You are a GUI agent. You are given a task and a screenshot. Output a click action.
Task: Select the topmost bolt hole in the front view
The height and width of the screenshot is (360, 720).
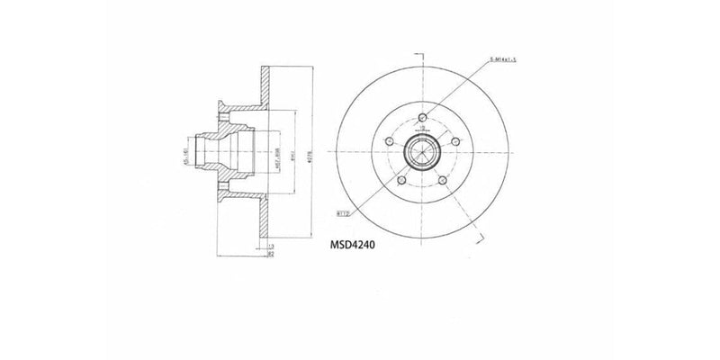[x=420, y=116]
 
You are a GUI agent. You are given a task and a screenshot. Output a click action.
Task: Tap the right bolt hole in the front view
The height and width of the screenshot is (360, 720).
[x=454, y=141]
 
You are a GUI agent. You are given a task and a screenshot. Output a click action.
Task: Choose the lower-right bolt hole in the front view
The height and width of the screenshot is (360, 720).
[x=442, y=182]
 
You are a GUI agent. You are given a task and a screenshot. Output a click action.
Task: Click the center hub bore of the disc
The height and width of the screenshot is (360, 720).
[x=420, y=152]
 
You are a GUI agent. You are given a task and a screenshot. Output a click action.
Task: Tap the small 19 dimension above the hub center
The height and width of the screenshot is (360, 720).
[x=420, y=129]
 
